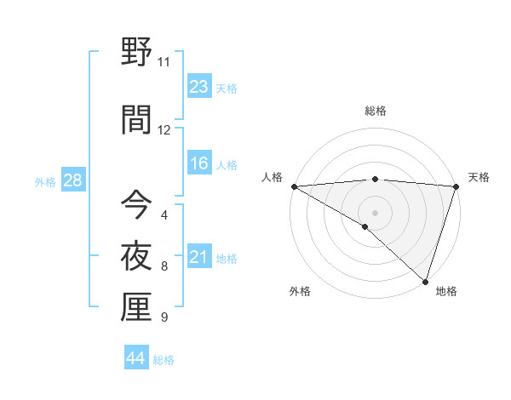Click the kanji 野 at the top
tap(136, 53)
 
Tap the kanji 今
tap(136, 205)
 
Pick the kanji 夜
tap(136, 256)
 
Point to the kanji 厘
tap(136, 307)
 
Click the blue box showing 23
tap(198, 87)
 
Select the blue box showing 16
tap(198, 163)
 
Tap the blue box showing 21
tap(198, 257)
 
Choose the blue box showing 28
tap(72, 180)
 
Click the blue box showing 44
tap(136, 358)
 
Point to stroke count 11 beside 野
tap(164, 62)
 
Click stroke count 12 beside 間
tap(164, 130)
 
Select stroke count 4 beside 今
tap(164, 214)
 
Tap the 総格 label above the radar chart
tap(375, 111)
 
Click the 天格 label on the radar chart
tap(479, 177)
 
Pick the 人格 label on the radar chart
tap(272, 177)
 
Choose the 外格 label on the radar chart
tap(299, 291)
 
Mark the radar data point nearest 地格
tap(424, 281)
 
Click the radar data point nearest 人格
tap(294, 186)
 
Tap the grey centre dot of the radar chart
tap(375, 212)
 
